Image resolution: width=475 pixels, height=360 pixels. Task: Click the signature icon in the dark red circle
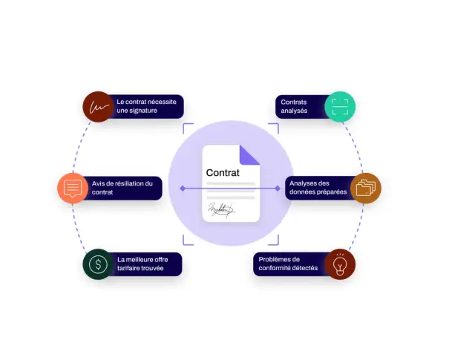pyautogui.click(x=99, y=107)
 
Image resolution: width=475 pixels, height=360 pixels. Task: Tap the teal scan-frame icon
pyautogui.click(x=340, y=107)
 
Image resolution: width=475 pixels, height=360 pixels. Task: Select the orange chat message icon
pyautogui.click(x=73, y=189)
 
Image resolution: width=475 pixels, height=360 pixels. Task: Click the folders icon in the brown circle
pyautogui.click(x=366, y=188)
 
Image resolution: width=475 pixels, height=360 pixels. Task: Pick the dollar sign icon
pyautogui.click(x=98, y=264)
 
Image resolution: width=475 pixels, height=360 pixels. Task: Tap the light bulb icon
pyautogui.click(x=340, y=264)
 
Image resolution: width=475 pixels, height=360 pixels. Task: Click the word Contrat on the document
pyautogui.click(x=223, y=173)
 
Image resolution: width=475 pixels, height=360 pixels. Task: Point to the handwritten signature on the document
pyautogui.click(x=221, y=210)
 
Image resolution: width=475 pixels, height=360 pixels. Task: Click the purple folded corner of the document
pyautogui.click(x=249, y=155)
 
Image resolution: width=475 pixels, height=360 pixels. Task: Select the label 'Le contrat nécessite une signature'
pyautogui.click(x=147, y=106)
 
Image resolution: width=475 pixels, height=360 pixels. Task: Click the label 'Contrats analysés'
pyautogui.click(x=294, y=106)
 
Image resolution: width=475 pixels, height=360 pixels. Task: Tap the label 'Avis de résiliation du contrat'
pyautogui.click(x=122, y=188)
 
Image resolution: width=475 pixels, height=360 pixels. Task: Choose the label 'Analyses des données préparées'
pyautogui.click(x=318, y=188)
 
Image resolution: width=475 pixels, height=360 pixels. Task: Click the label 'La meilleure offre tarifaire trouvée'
pyautogui.click(x=142, y=264)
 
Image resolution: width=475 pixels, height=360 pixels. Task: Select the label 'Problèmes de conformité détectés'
pyautogui.click(x=288, y=264)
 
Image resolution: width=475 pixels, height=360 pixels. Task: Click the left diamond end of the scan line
pyautogui.click(x=183, y=189)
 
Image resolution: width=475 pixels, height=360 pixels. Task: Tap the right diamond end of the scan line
pyautogui.click(x=278, y=189)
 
